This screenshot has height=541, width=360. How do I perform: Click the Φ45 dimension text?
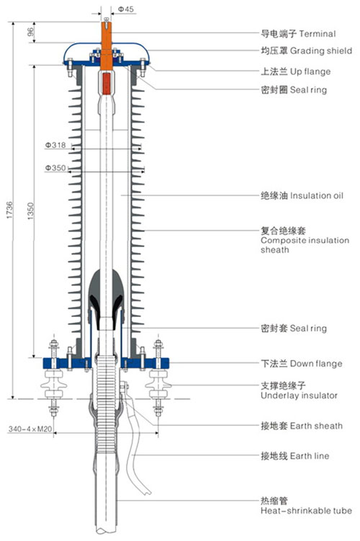(126, 9)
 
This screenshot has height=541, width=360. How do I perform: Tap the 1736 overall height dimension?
(9, 210)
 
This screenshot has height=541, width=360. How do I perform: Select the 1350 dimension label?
(31, 211)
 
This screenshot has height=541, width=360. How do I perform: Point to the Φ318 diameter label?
(55, 146)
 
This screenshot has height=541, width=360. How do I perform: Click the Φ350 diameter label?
(55, 168)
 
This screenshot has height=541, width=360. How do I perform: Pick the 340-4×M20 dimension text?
(30, 429)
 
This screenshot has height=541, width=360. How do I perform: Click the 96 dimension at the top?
(31, 32)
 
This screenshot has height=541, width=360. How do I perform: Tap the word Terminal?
(318, 34)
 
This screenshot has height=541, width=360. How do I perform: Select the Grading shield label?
(321, 51)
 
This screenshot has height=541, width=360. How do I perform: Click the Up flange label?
(310, 72)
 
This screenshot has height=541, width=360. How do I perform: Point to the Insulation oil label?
(317, 196)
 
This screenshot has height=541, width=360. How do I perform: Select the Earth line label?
(310, 456)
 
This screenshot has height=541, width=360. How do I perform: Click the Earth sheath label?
(316, 426)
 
